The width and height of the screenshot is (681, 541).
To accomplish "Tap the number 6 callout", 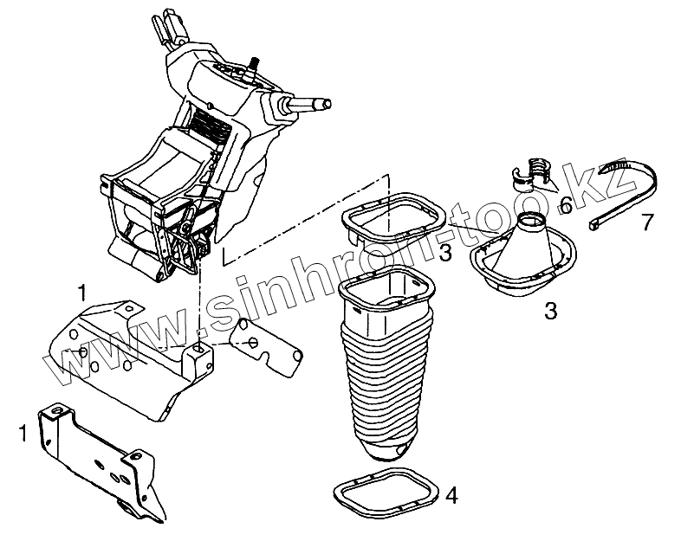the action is coord(564,205).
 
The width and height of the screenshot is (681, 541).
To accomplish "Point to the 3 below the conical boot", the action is coord(550,310).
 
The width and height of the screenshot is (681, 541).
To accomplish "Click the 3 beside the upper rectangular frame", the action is coord(444,252).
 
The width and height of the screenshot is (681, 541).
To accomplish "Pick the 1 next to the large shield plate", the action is coord(81,289).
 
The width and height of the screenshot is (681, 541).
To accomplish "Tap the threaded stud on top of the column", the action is coord(256,65).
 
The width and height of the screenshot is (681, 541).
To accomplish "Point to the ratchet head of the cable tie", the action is coord(596,224).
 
